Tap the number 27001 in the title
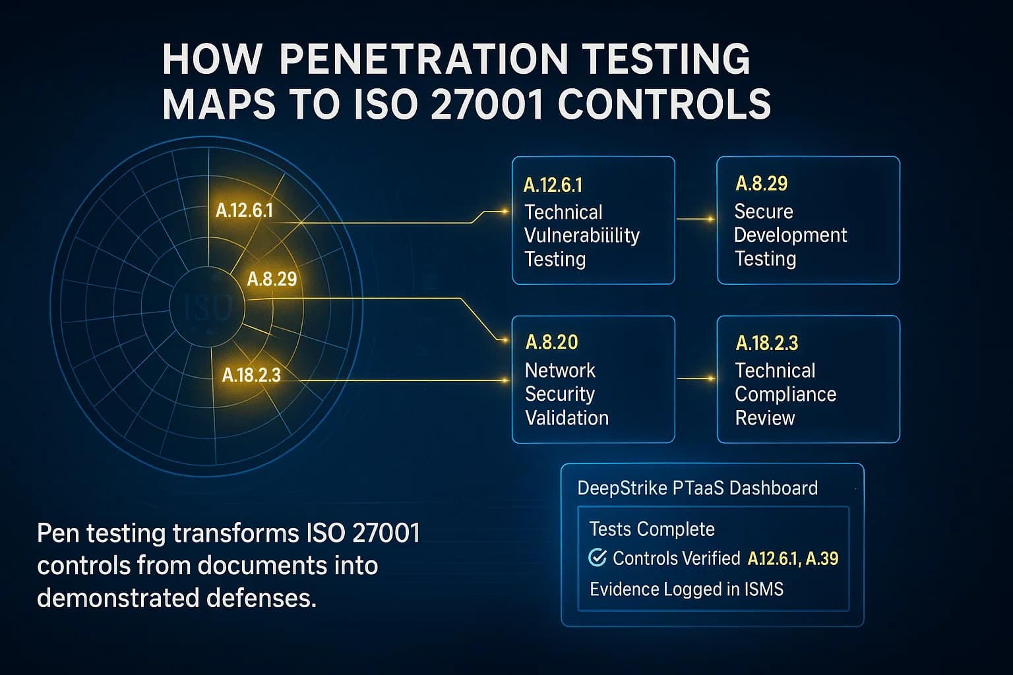click(x=479, y=104)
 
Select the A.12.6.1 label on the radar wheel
click(x=244, y=211)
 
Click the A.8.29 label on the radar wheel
click(x=272, y=279)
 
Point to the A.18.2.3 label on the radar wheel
click(x=251, y=376)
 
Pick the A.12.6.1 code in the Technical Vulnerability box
click(x=553, y=185)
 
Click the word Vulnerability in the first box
click(x=582, y=235)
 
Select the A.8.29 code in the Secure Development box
click(x=761, y=183)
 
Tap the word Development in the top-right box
click(x=790, y=235)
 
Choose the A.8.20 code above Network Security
click(x=551, y=342)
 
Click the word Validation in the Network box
click(x=567, y=418)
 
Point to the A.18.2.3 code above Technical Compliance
click(x=766, y=343)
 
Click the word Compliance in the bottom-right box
click(x=785, y=394)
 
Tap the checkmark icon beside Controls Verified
click(x=597, y=558)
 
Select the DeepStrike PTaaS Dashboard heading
click(x=697, y=488)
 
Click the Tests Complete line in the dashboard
click(x=652, y=529)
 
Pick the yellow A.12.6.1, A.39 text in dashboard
click(x=793, y=559)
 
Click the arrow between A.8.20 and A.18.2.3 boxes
click(x=696, y=378)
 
